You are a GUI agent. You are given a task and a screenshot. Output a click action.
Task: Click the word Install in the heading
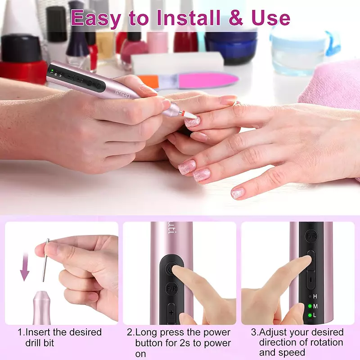click(188, 18)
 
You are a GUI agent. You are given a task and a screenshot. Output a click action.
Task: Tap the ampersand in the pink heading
click(235, 18)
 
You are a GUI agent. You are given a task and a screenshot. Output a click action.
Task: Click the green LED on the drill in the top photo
click(52, 70)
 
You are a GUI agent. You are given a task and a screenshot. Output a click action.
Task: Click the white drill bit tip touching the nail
click(190, 115)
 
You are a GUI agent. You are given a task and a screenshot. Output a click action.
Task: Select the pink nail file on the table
click(208, 80)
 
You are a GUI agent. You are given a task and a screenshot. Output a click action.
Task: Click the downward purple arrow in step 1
click(25, 267)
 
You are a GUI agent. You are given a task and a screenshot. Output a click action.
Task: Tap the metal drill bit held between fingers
click(45, 260)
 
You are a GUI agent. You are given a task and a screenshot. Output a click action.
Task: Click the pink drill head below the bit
click(41, 308)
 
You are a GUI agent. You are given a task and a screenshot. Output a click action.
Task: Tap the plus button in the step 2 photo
click(171, 313)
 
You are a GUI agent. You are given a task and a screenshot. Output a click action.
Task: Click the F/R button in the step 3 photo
click(311, 236)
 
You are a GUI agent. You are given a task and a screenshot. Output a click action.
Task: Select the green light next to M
click(310, 306)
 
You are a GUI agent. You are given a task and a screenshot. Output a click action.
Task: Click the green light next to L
click(310, 315)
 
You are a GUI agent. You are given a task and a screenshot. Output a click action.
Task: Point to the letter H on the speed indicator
click(315, 297)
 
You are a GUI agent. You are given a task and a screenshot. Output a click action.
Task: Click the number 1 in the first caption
click(20, 332)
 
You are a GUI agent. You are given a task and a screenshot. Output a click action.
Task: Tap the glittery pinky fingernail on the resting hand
click(238, 193)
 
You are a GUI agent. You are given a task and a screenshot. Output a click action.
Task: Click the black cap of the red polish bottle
click(21, 48)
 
